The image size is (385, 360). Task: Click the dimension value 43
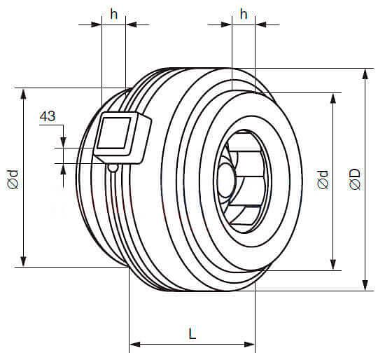coord(48,116)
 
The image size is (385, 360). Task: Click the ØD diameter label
coord(355,179)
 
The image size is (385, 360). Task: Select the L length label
coord(192,333)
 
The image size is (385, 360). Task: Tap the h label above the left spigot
coord(113,14)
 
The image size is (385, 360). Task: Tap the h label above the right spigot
coord(244,14)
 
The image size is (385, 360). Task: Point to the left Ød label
coord(13,179)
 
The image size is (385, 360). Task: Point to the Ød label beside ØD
coord(323,179)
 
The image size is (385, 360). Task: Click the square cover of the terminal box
coord(113,132)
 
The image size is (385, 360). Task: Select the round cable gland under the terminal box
coord(113,168)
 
